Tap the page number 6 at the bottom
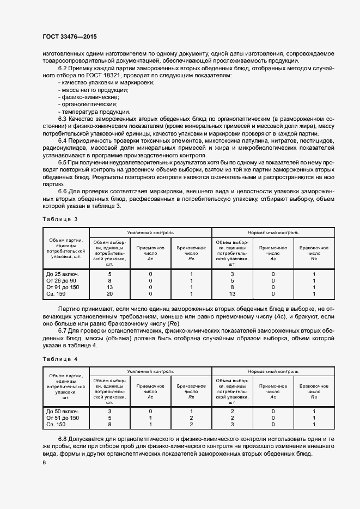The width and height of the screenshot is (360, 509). pos(44,462)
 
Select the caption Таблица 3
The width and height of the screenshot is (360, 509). pos(60,219)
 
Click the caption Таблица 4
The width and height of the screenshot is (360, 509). pos(60,359)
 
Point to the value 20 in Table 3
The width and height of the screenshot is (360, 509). pos(109,293)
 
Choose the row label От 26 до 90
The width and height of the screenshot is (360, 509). pos(62,280)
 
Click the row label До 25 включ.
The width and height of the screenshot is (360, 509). pos(63,274)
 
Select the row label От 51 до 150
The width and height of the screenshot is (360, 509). pos(63,418)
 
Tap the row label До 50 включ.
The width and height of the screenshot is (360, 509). pos(63,411)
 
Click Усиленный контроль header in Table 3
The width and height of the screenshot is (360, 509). pos(150,232)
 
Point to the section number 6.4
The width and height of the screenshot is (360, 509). pos(63,141)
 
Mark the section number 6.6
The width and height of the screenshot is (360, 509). pos(63,192)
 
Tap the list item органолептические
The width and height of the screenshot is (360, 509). pos(87,103)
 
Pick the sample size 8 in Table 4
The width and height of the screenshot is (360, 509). pos(109,424)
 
